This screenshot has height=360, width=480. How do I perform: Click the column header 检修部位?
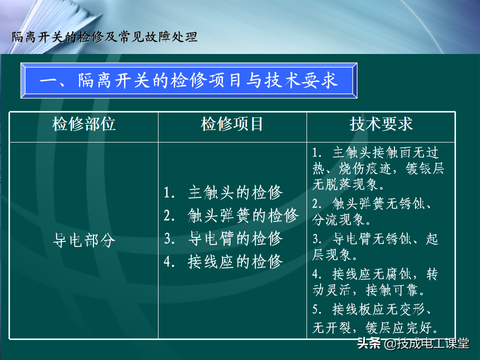pos(83,124)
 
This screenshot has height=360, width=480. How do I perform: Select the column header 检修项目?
pos(231,124)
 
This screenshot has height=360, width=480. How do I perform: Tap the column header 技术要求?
pos(381,124)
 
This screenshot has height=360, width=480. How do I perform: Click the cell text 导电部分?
pos(84,240)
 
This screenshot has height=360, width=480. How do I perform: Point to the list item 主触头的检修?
pos(223,193)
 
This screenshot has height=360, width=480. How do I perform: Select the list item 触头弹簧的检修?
pos(231,215)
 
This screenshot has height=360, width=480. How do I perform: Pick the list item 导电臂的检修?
pos(223,238)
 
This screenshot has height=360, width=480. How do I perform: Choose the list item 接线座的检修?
pos(223,261)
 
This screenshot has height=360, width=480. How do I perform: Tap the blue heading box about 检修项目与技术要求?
pos(189,80)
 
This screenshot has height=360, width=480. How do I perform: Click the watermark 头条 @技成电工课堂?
pos(413,343)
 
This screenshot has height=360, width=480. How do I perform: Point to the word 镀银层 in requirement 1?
pos(425,168)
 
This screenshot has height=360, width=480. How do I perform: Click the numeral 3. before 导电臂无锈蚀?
pos(317,239)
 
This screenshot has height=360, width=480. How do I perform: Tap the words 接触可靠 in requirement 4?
pos(392,289)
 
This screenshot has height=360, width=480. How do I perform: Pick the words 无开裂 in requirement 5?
pos(331,328)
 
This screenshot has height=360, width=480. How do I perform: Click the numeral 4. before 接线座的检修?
pos(169,262)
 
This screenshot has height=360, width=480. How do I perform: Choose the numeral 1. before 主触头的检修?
pos(169,193)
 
